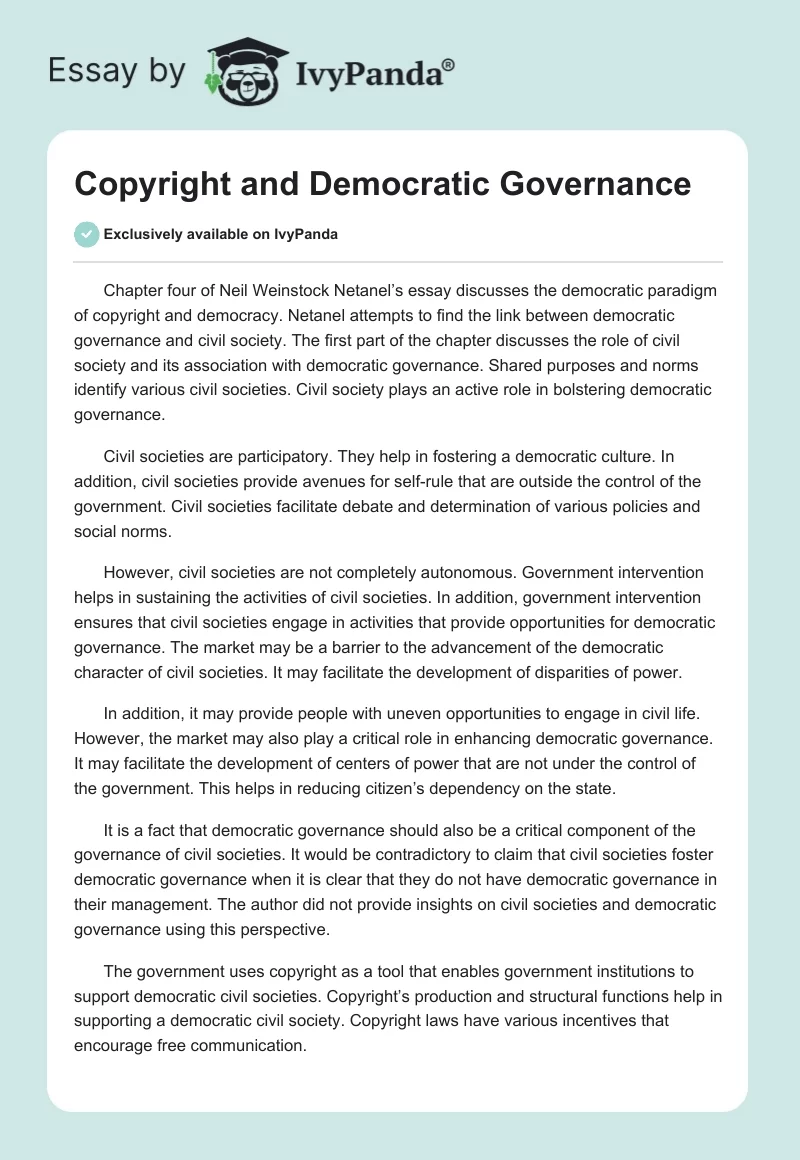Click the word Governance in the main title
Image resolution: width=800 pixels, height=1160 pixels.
(x=610, y=184)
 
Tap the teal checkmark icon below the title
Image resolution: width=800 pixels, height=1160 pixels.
(x=86, y=234)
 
